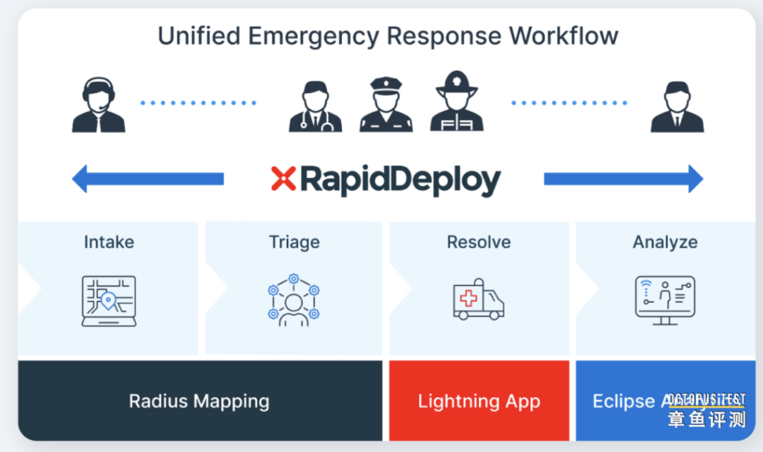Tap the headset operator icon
point(98,106)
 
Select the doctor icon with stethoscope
point(315,106)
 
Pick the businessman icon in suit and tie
point(677,106)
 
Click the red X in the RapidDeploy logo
point(283,179)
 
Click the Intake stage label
point(108,242)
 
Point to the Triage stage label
point(294,242)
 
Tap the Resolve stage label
point(478,242)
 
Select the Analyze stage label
point(665,242)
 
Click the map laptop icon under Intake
point(109,301)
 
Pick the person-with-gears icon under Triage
point(294,300)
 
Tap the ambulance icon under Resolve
point(478,299)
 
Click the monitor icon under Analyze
point(665,299)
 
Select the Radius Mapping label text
point(199,401)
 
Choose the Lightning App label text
point(478,401)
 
